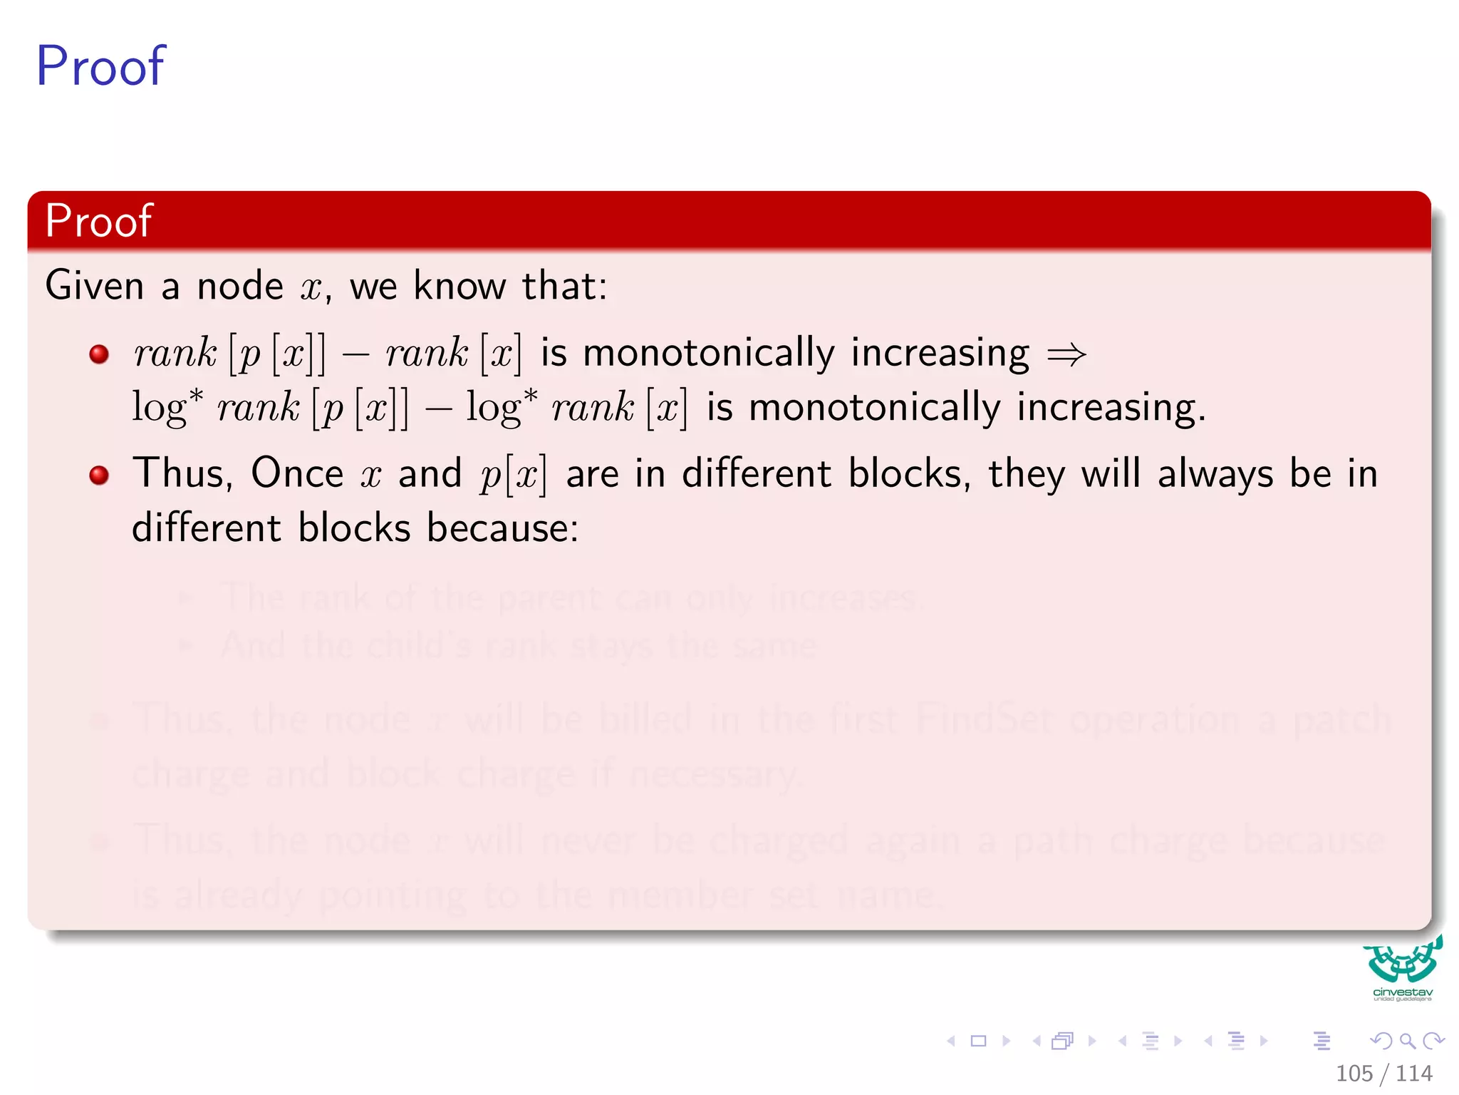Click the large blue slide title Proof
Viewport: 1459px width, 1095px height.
point(100,66)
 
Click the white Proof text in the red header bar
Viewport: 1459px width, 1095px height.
point(98,221)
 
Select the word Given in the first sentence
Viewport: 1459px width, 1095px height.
point(95,286)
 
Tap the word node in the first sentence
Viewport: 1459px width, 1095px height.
point(240,286)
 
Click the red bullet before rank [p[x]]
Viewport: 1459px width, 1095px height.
point(99,354)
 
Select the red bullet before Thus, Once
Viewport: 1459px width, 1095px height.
point(99,475)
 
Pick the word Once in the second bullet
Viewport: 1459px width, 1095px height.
point(297,473)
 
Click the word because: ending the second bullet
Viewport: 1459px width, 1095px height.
point(502,528)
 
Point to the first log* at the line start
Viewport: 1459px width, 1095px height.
point(167,408)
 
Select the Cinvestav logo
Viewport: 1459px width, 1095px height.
point(1402,968)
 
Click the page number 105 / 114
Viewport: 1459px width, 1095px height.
point(1383,1073)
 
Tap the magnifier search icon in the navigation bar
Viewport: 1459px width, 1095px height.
point(1407,1042)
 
